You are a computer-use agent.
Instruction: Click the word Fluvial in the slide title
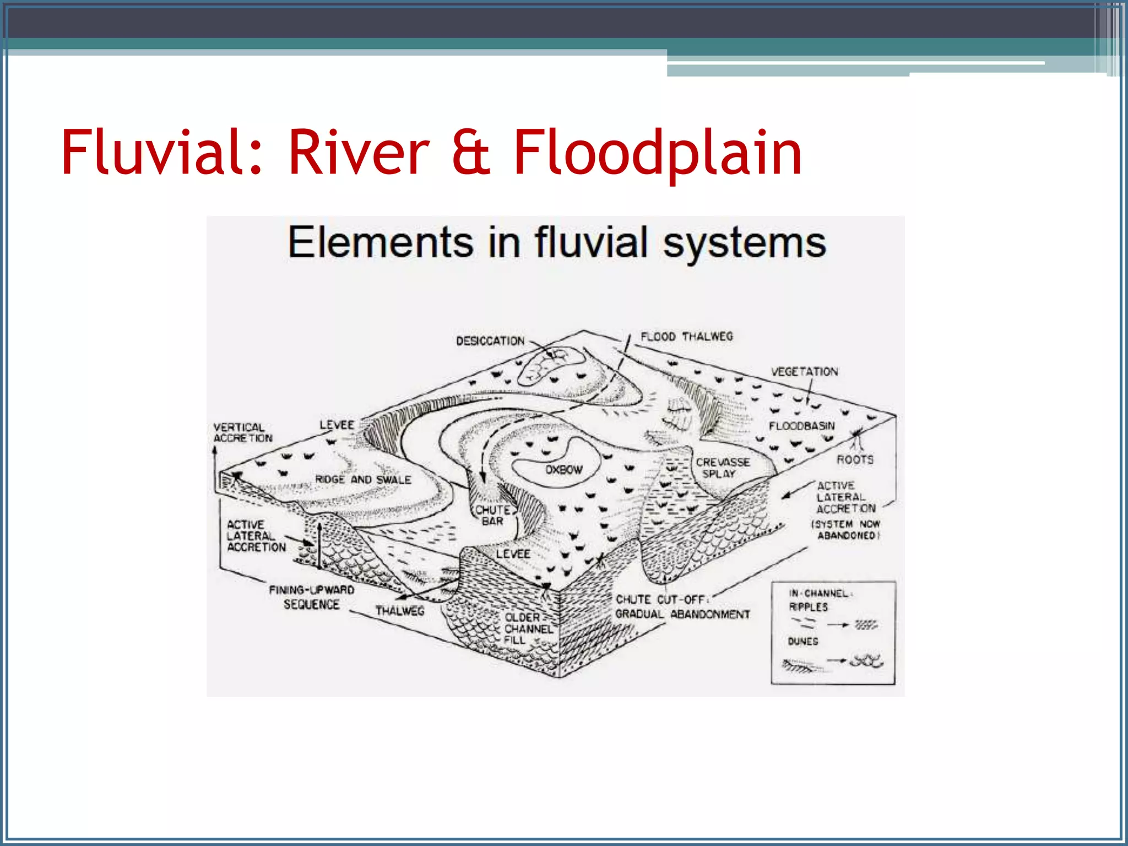coord(160,152)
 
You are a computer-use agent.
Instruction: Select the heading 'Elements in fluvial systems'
coord(556,242)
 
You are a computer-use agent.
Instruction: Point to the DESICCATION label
coord(490,341)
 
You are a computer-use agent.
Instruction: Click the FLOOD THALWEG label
coord(686,337)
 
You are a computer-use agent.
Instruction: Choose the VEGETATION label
coord(804,372)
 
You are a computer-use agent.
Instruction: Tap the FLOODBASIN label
coord(801,426)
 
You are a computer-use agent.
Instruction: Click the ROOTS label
coord(855,459)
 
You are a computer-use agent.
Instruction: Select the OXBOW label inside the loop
coord(563,470)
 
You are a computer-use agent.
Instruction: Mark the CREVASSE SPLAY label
coord(722,468)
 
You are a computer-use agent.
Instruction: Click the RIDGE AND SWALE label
coord(363,480)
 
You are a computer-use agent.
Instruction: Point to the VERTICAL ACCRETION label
coord(242,432)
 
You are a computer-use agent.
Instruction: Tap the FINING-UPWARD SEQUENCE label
coord(311,597)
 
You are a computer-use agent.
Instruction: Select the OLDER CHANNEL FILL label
coord(528,628)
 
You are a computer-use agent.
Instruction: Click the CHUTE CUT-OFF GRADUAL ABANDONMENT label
coord(682,606)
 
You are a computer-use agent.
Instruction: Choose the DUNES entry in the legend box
coord(802,642)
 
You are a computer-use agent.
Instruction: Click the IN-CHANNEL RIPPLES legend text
coord(818,600)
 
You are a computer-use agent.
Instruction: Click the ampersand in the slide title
coord(471,152)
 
